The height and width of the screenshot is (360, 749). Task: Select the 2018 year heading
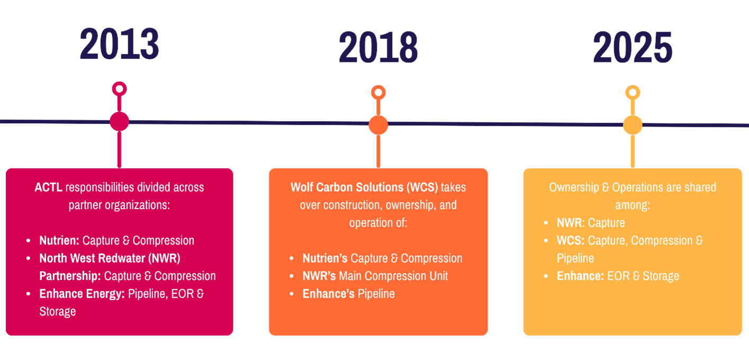378,48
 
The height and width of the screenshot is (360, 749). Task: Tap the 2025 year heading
632,48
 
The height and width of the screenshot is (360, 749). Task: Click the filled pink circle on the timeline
119,121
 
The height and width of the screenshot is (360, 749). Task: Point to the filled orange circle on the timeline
378,125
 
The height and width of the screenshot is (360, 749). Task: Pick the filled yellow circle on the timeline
632,125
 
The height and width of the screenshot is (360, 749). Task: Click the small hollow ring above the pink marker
119,88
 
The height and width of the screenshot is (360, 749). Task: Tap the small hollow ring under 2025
632,93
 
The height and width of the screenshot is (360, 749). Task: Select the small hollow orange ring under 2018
378,92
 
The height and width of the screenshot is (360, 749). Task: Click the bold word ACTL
49,187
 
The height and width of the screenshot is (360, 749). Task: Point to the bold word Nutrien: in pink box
59,240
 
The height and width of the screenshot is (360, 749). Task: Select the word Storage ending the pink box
57,311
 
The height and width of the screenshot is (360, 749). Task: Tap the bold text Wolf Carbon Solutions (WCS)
364,187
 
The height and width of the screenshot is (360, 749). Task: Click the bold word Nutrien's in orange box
324,258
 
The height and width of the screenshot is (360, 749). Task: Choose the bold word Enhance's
328,294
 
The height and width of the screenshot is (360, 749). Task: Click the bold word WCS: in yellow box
571,240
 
